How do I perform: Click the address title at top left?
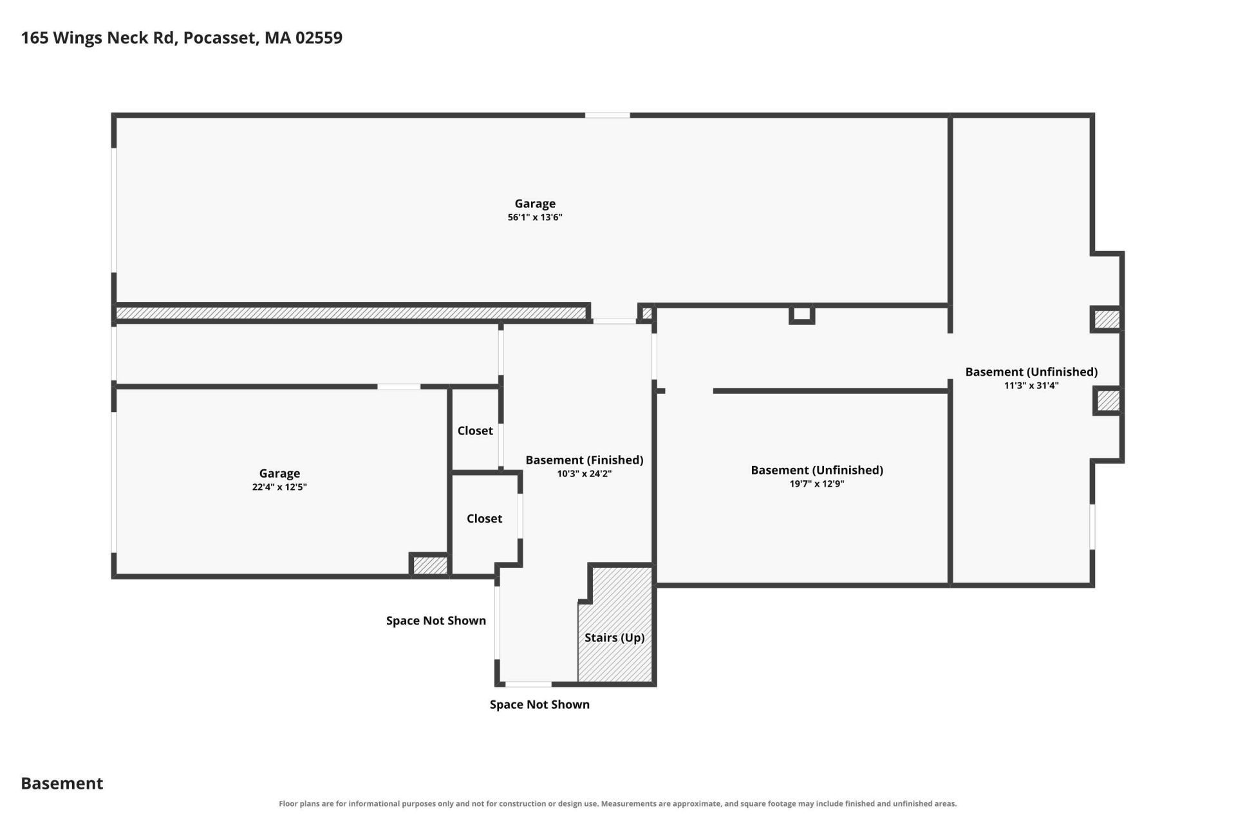click(x=182, y=38)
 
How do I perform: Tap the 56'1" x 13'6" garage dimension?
click(x=535, y=218)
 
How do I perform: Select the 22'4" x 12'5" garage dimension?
click(x=279, y=487)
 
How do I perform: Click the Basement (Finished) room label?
click(x=585, y=460)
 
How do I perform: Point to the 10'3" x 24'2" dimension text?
click(x=585, y=474)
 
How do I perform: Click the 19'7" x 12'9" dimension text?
click(x=817, y=484)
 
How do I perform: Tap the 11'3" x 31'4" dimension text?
click(x=1031, y=386)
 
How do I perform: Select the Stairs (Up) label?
click(x=615, y=638)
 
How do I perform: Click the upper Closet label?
click(x=475, y=431)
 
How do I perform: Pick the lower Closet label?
click(x=484, y=518)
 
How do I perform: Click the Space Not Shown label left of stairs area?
click(x=436, y=621)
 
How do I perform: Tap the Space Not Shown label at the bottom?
click(x=539, y=704)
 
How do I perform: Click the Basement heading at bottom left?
click(x=62, y=783)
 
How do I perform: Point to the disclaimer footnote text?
click(x=618, y=803)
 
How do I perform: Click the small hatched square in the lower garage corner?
click(x=430, y=565)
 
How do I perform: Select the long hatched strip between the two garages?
click(x=351, y=313)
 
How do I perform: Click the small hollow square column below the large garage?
click(x=802, y=314)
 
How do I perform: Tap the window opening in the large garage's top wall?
click(x=607, y=115)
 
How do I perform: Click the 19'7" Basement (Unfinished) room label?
click(x=817, y=471)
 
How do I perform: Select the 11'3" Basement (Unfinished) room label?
click(x=1031, y=372)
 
